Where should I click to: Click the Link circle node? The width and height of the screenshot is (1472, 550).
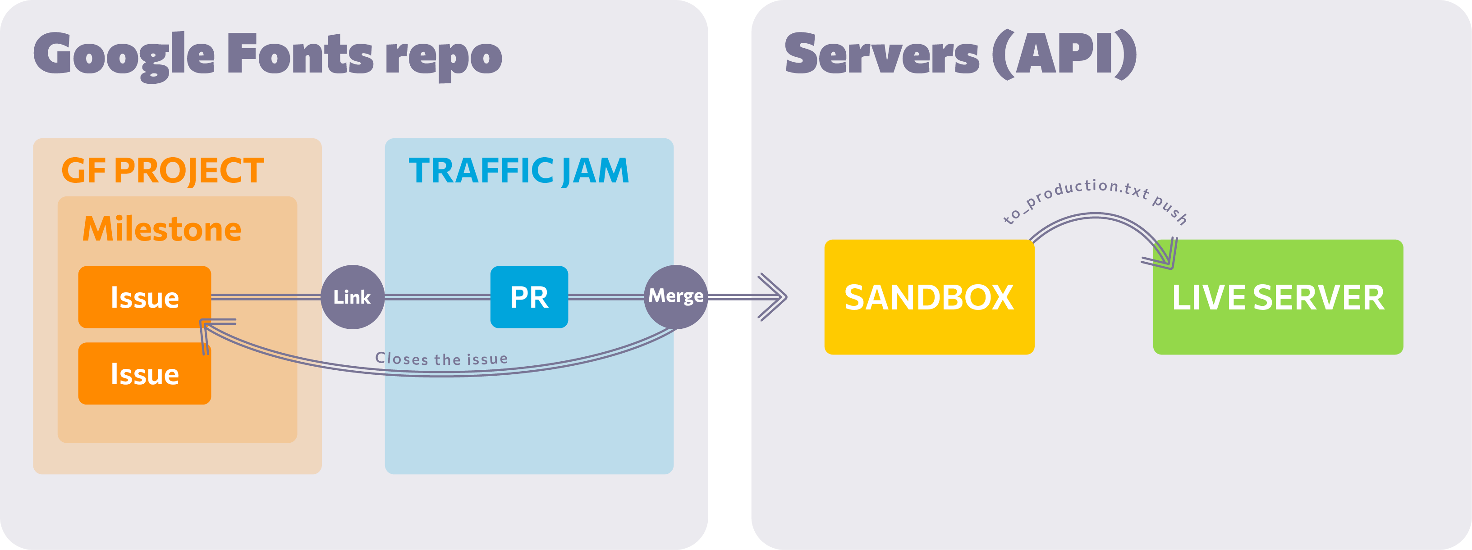pyautogui.click(x=352, y=297)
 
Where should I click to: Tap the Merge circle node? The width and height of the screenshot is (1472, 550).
pyautogui.click(x=675, y=296)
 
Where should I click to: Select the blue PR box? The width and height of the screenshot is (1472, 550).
pyautogui.click(x=529, y=297)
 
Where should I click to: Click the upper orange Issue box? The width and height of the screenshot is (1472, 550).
pyautogui.click(x=145, y=297)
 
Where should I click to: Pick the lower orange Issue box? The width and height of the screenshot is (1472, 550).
pyautogui.click(x=145, y=373)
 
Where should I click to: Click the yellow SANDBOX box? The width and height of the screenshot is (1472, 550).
pyautogui.click(x=929, y=297)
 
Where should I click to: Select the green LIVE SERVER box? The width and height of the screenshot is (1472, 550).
pyautogui.click(x=1278, y=297)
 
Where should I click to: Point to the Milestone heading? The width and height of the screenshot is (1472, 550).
pyautogui.click(x=162, y=229)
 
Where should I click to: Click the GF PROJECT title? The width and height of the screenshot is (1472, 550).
pyautogui.click(x=162, y=170)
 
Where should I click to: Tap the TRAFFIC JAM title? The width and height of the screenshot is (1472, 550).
pyautogui.click(x=519, y=170)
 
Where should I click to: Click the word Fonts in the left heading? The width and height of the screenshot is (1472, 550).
pyautogui.click(x=300, y=54)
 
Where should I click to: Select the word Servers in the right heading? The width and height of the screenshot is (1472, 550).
pyautogui.click(x=882, y=54)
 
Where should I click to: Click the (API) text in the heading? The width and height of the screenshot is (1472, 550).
pyautogui.click(x=1064, y=54)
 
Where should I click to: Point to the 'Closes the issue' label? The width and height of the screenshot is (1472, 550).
pyautogui.click(x=441, y=359)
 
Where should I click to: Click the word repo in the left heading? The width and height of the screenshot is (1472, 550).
pyautogui.click(x=444, y=57)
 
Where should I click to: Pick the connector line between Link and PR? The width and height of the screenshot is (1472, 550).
pyautogui.click(x=437, y=297)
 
